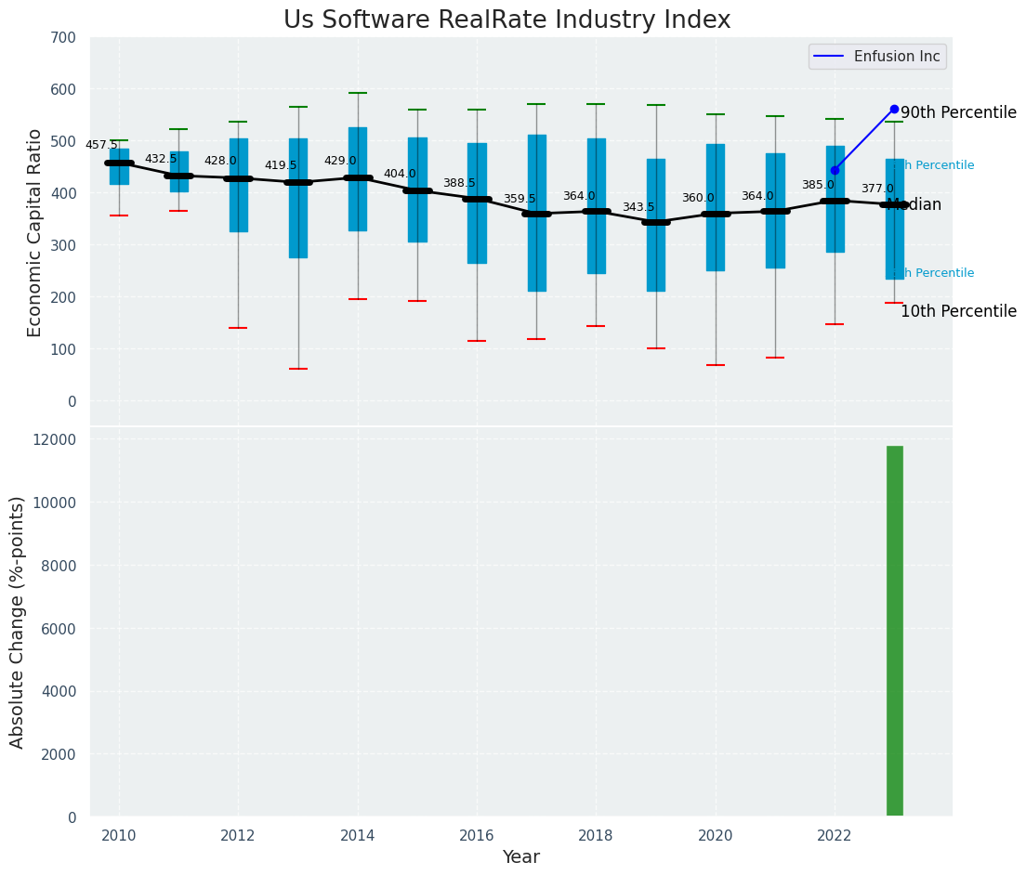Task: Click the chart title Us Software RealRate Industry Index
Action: (x=506, y=20)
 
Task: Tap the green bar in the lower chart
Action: (x=894, y=632)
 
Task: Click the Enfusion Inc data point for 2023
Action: (x=894, y=109)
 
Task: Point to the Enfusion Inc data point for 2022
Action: (x=835, y=170)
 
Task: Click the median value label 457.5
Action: (x=101, y=145)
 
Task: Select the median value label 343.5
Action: (x=638, y=207)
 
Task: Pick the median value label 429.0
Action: (x=340, y=161)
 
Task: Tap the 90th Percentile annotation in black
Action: (x=958, y=112)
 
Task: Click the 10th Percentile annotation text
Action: (x=958, y=312)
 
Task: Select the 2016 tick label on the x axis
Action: (x=477, y=836)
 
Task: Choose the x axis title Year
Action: (x=520, y=857)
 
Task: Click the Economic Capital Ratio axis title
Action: (x=34, y=232)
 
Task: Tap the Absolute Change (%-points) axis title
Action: (x=18, y=621)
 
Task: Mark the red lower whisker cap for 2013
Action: (x=298, y=369)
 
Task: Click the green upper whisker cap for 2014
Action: (x=358, y=93)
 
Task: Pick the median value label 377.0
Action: (x=877, y=189)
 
